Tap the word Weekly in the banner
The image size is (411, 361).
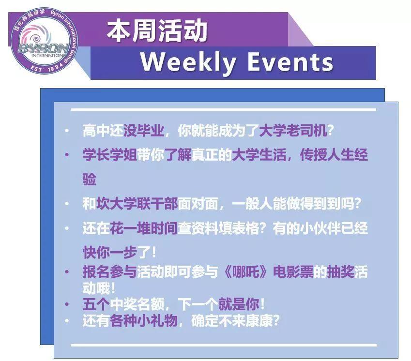point(188,62)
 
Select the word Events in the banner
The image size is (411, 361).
point(290,62)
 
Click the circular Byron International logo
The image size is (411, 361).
point(44,41)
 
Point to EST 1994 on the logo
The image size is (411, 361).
point(46,67)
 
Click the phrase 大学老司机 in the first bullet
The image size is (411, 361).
point(293,130)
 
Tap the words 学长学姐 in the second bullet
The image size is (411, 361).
point(110,154)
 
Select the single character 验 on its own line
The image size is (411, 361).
point(90,179)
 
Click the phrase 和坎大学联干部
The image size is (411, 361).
point(130,204)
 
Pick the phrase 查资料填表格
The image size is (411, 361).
point(219,228)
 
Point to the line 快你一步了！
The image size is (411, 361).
point(120,252)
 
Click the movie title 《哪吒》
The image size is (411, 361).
point(245,271)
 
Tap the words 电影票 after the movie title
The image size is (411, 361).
point(293,271)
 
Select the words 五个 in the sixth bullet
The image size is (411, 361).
point(96,304)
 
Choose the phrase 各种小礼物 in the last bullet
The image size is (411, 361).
point(144,320)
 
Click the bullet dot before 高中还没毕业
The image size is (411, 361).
point(67,130)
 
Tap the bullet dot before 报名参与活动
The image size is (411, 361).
point(67,271)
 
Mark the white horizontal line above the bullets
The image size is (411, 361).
point(223,109)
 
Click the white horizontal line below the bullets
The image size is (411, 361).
point(223,346)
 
